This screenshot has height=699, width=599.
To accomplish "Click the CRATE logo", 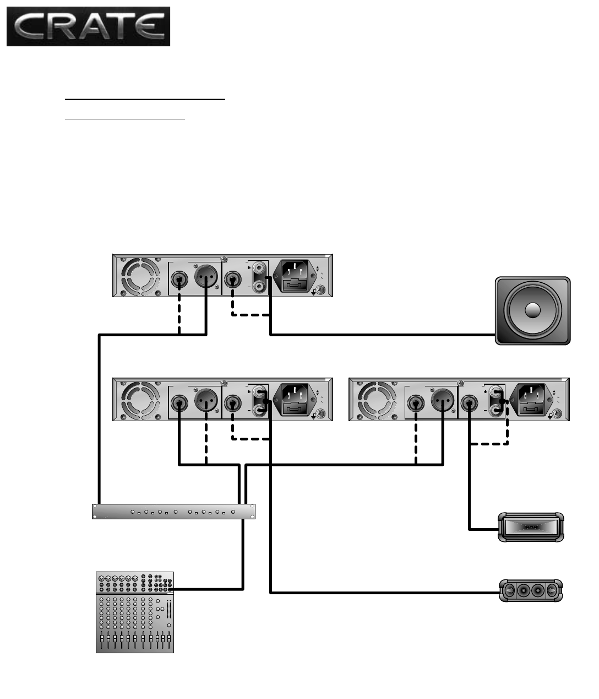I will pos(88,26).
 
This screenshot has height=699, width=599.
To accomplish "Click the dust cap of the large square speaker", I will pos(532,310).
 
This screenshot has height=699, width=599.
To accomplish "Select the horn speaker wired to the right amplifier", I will pos(531,527).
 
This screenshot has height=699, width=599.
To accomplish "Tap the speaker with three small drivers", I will pos(531,591).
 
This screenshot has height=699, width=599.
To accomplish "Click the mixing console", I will pos(135,612).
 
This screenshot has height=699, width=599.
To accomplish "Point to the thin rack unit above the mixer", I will pos(174,512).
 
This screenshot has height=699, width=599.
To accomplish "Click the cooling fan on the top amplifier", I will pos(136,276).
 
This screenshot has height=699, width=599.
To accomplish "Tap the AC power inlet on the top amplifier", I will pos(298,276).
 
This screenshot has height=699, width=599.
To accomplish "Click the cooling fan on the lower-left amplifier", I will pos(136,400).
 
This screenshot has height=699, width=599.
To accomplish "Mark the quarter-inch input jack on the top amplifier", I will pos(179,280).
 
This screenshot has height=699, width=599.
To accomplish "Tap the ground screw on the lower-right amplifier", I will pos(557,414).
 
